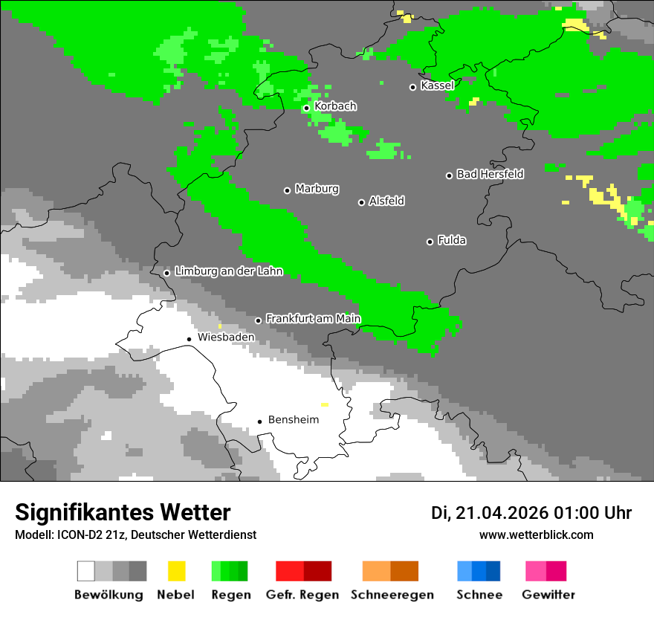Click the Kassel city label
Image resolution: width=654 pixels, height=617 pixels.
[x=437, y=85]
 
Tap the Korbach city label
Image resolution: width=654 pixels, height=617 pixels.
[x=335, y=106]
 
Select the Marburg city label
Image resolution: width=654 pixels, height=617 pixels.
[x=317, y=189]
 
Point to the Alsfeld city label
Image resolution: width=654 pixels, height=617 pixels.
[x=386, y=201]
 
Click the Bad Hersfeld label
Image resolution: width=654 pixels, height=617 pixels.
[x=490, y=174]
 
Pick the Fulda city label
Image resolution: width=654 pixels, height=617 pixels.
[x=452, y=240]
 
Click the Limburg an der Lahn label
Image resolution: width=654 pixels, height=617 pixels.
[x=228, y=271]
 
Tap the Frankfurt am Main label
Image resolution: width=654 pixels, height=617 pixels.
[x=313, y=319]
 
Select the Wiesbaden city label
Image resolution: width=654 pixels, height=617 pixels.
[x=226, y=337]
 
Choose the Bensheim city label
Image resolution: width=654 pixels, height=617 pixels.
[x=293, y=420]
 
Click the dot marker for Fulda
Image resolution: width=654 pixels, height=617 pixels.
[x=430, y=242]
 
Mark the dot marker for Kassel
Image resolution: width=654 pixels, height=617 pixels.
[x=412, y=87]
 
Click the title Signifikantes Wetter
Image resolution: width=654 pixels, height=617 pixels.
[x=123, y=512]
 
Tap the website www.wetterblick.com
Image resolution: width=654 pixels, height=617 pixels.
[x=536, y=534]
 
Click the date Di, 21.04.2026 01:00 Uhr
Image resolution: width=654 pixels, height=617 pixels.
[x=531, y=513]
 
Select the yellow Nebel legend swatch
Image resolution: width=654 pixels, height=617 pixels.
[x=176, y=571]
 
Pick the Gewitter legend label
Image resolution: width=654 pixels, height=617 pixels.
[x=548, y=595]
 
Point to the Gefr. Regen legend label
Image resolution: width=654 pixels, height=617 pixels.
[x=302, y=595]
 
